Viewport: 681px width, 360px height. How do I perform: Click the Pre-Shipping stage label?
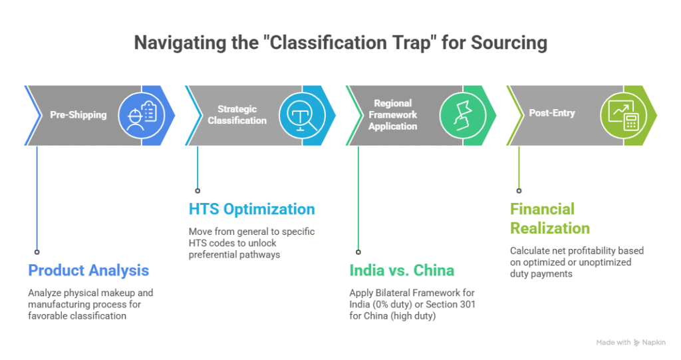[78, 114]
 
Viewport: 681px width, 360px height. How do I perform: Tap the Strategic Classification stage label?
[237, 114]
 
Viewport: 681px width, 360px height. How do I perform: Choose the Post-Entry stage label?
[552, 113]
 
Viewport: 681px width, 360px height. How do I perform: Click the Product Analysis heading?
[88, 270]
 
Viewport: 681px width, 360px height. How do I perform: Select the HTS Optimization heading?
[252, 209]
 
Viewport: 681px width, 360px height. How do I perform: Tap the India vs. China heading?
[402, 270]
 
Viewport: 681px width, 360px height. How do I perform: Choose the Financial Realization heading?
[550, 218]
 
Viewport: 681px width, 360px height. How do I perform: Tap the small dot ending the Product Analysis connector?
[37, 252]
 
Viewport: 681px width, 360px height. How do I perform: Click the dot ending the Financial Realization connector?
[519, 190]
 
